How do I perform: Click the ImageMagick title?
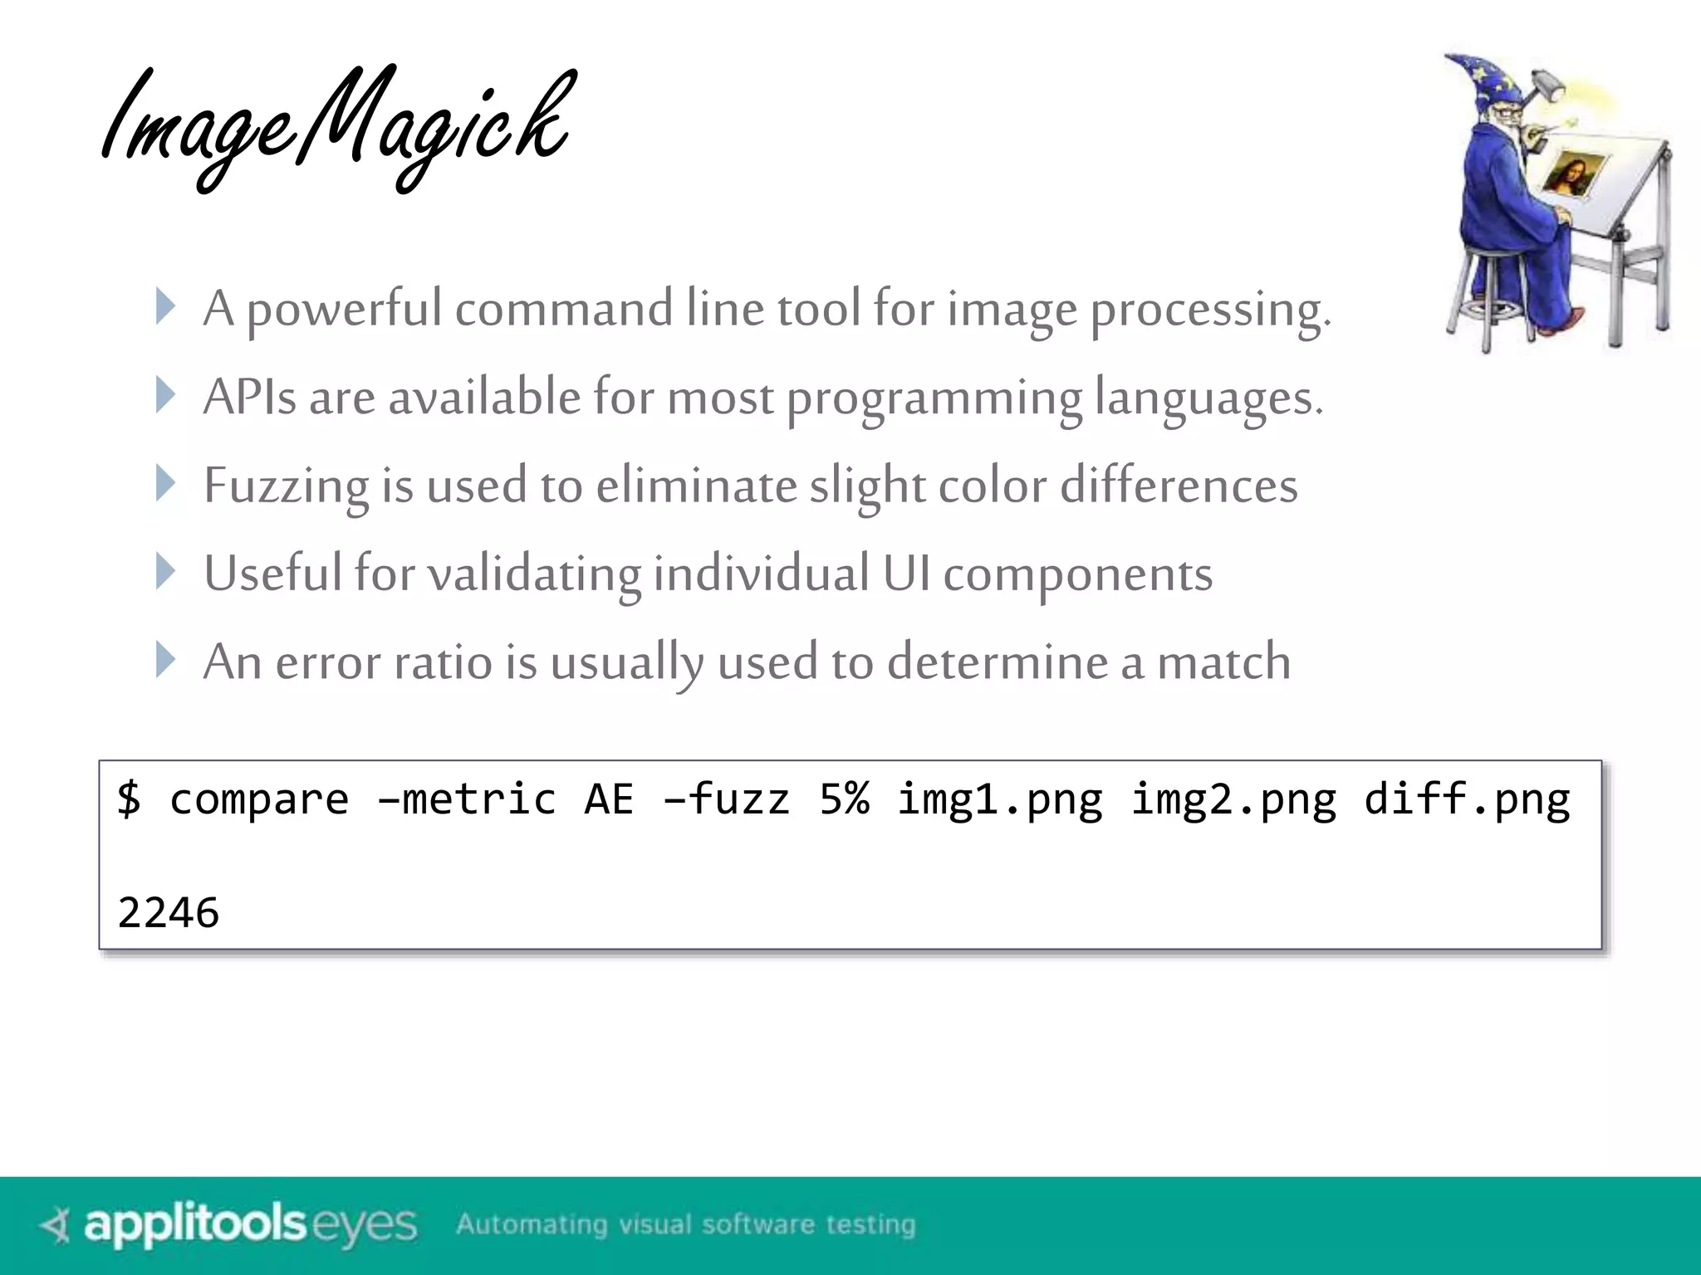tap(336, 125)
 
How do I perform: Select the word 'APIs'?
tap(249, 397)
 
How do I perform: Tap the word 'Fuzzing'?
tap(286, 486)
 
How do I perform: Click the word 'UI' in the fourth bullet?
tap(906, 574)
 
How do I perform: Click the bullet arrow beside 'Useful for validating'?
tap(166, 572)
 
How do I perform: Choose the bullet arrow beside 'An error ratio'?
tap(166, 660)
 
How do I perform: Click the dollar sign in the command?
tap(129, 799)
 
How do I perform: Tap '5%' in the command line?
tap(844, 799)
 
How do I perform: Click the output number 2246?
tap(169, 912)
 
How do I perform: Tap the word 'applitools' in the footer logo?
tap(196, 1224)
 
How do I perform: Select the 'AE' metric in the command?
tap(609, 799)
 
